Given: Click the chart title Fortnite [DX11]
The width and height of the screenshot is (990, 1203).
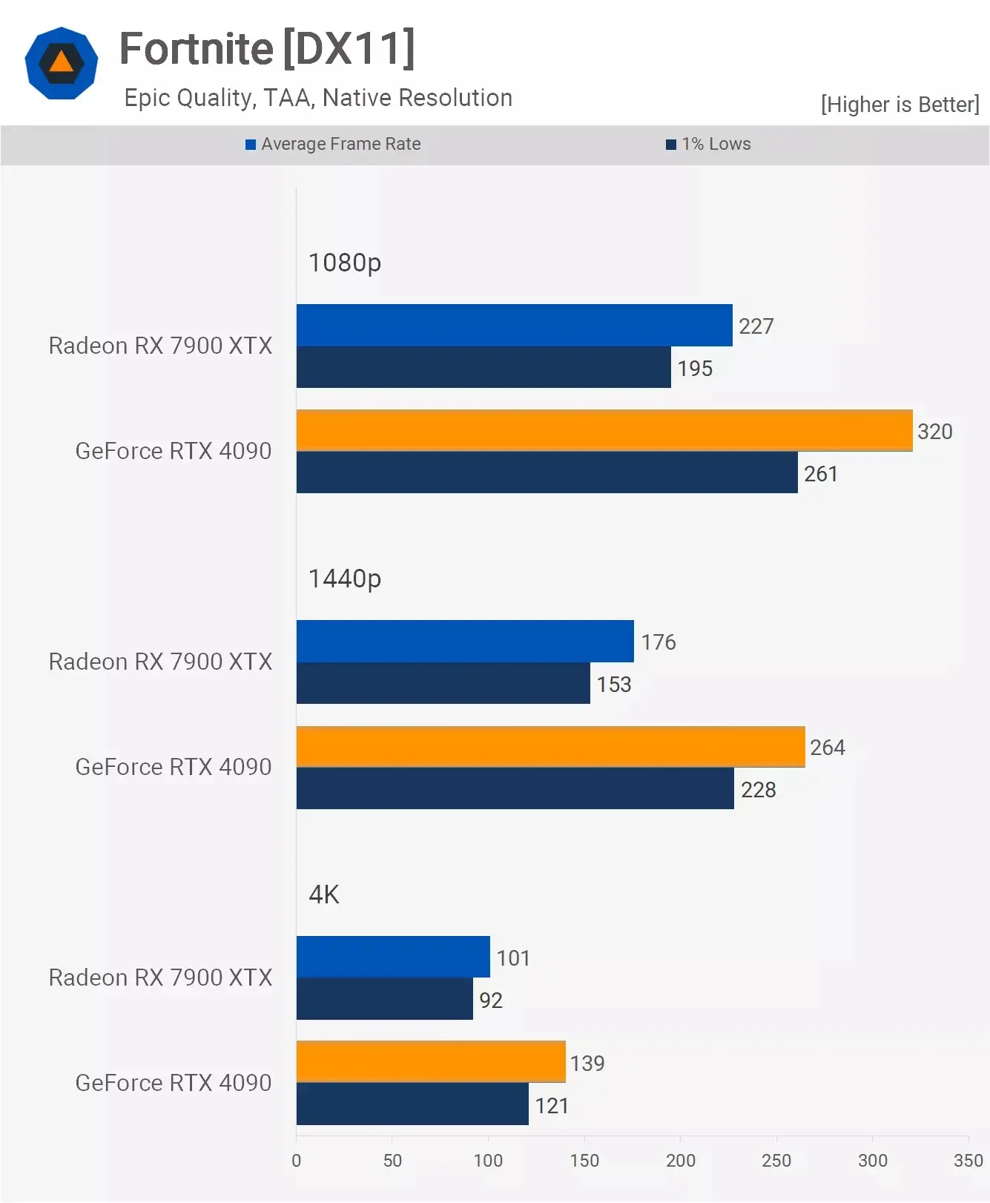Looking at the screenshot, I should pos(267,49).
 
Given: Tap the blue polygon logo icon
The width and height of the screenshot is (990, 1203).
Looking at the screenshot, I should pos(62,63).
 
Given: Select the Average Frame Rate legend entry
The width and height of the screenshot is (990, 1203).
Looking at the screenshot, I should pos(333,144).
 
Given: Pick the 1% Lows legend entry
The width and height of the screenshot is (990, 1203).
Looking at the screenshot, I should pos(708,144).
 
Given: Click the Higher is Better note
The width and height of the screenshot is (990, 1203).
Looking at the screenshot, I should pos(900,105).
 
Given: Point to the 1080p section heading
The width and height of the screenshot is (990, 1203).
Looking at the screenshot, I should pos(345,263).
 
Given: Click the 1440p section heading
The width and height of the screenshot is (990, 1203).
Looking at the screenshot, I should pos(345,579).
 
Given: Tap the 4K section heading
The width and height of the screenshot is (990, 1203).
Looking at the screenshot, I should pos(324,894).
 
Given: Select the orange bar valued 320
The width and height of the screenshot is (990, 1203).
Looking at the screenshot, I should pos(604,430).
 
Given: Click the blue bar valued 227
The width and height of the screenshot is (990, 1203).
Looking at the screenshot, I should pos(514,325).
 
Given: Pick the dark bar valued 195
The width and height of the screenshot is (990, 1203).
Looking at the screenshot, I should pos(484,367).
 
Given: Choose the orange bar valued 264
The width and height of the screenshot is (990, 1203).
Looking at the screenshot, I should pos(550,747).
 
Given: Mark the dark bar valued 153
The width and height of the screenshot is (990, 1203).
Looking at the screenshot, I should pos(443,683).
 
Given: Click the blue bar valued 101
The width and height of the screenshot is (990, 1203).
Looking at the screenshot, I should pos(393,957).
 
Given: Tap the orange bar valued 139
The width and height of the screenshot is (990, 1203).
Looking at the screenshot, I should pos(431,1062).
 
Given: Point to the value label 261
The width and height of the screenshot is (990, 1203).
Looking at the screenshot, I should pos(821,474).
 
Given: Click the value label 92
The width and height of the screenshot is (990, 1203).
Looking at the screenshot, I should pos(491,1001).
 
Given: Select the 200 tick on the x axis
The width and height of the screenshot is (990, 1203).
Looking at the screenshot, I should pos(680,1161).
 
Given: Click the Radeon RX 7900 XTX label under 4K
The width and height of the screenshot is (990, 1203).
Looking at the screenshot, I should pos(160,978).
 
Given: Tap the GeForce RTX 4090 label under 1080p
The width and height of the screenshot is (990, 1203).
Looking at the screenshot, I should pos(174,451).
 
